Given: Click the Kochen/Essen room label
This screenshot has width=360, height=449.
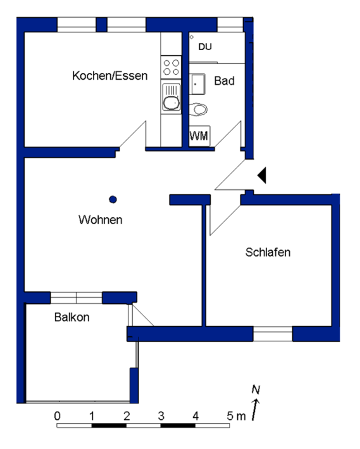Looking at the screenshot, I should coord(110,76).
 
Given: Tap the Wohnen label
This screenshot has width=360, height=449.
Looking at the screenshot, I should coord(100,220).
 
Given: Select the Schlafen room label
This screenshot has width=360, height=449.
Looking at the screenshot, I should coord(268,252).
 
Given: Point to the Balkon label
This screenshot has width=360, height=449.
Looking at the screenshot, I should coord(71,317).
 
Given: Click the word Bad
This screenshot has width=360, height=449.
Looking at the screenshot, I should coord(224,81).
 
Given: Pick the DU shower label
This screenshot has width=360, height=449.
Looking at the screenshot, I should coord(205,47).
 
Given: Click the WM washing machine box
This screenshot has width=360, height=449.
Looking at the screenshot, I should coord(199,136).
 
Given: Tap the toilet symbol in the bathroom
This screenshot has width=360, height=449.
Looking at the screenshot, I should coord(199,109).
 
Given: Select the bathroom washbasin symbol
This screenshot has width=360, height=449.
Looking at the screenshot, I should coord(197,82).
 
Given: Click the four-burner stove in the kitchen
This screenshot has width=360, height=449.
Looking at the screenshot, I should coord(171,66).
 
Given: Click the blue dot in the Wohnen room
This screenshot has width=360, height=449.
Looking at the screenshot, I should coord(113,199).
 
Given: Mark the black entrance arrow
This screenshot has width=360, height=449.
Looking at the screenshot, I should coord(262,175).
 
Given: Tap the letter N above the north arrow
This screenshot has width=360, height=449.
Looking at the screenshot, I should coord(256,389).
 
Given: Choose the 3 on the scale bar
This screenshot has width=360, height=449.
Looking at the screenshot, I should coord(161,416).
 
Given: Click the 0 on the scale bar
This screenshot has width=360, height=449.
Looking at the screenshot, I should coord(58,416).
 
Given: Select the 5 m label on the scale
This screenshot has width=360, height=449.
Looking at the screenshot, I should coord(235,416).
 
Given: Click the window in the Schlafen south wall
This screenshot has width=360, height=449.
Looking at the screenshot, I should coord(273,333).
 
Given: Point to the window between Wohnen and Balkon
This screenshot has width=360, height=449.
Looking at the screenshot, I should coord(76,297).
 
